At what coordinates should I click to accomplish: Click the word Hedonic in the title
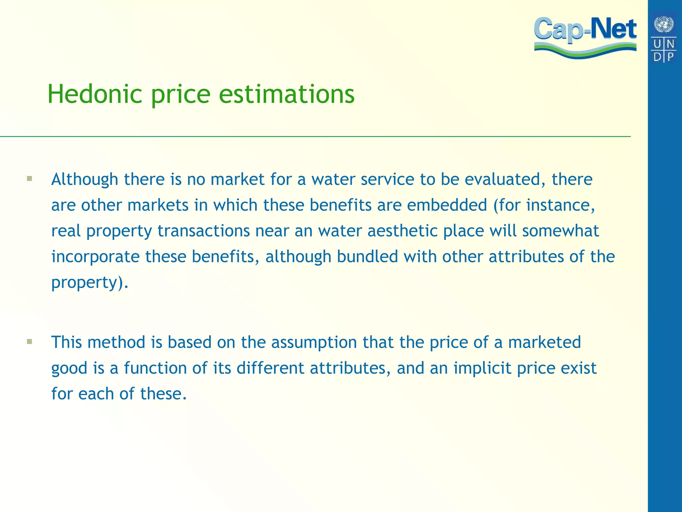95,94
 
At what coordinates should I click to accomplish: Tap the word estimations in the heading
287,94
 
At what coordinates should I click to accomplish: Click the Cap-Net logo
585,37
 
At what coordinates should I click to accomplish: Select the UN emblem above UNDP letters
664,24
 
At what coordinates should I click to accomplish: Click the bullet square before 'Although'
30,179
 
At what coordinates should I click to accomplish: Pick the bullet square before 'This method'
30,342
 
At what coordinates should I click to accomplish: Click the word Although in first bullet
85,179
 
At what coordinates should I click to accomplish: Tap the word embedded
447,205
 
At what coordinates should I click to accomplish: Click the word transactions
203,231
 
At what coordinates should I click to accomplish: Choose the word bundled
367,256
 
